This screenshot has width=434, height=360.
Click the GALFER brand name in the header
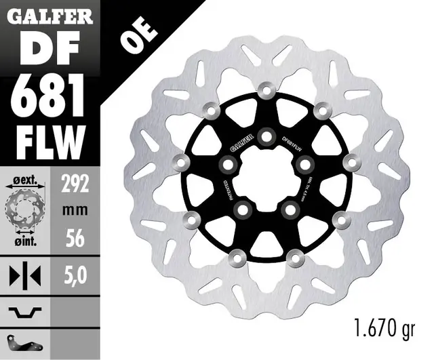[x=51, y=16]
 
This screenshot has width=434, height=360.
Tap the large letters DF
[x=50, y=49]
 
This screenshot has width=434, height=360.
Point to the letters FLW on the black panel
[x=51, y=139]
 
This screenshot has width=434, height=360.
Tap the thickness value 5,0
[x=76, y=276]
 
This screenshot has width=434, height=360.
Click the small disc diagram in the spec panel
[x=25, y=209]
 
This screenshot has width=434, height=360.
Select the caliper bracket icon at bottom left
[x=25, y=338]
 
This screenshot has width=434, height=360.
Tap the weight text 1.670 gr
[x=383, y=330]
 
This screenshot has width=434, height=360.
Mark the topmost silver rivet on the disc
[x=265, y=91]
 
